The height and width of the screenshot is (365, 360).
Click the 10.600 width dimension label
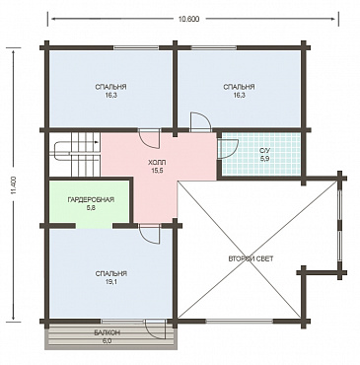pos(188,19)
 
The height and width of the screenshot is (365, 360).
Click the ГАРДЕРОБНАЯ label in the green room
pos(91,199)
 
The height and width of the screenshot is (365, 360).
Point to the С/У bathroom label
pos(263,151)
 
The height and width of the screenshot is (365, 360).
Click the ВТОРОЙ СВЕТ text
pos(251,258)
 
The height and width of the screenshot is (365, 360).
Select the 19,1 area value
pos(111,282)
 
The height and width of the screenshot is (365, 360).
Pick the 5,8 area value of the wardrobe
pos(91,208)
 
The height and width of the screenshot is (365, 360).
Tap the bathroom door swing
pos(228,149)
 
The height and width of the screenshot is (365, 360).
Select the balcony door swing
pos(156,329)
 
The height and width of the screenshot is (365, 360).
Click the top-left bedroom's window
pos(136,47)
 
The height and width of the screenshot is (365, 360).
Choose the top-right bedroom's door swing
pos(200,122)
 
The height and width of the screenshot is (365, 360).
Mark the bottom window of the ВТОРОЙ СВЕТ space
pos(240,320)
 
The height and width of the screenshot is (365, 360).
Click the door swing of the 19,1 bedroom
pos(150,234)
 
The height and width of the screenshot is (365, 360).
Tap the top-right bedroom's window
pos(214,47)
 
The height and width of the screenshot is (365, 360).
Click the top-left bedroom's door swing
pos(150,138)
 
